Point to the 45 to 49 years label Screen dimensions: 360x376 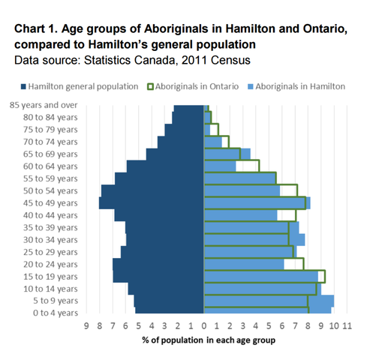click(x=52, y=203)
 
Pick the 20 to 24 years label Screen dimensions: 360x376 click(x=52, y=262)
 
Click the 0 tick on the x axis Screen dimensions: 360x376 click(x=203, y=326)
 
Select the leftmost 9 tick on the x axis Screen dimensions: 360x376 click(x=87, y=326)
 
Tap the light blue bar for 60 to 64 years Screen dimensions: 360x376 click(x=220, y=166)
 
